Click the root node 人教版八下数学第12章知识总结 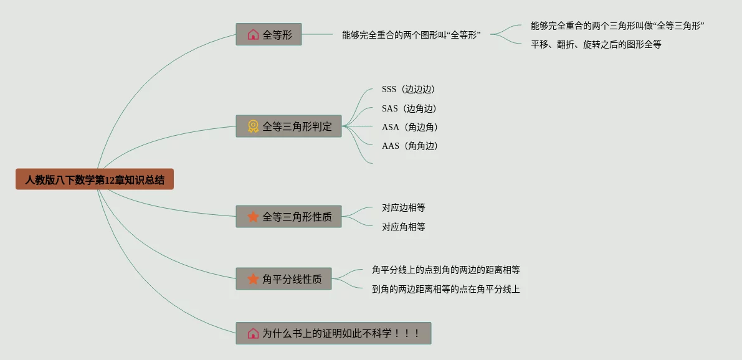[x=95, y=179]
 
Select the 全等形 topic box [x=269, y=34]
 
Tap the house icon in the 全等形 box [x=253, y=34]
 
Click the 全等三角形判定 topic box [x=288, y=126]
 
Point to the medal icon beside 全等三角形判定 [x=253, y=126]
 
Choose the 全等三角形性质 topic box [x=288, y=217]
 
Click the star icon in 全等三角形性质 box [x=253, y=217]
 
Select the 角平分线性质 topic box [x=283, y=279]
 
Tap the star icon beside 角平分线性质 [x=253, y=279]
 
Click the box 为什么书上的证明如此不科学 [x=333, y=333]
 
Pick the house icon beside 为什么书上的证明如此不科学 [x=253, y=333]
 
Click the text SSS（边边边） [x=408, y=89]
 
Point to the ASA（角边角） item [x=410, y=127]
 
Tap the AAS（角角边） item [x=410, y=146]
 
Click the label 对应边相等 [x=404, y=207]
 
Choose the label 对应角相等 [x=404, y=227]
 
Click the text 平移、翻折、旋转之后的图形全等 [x=596, y=44]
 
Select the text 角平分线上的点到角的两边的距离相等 [x=445, y=270]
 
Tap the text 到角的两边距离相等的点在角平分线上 [x=445, y=289]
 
